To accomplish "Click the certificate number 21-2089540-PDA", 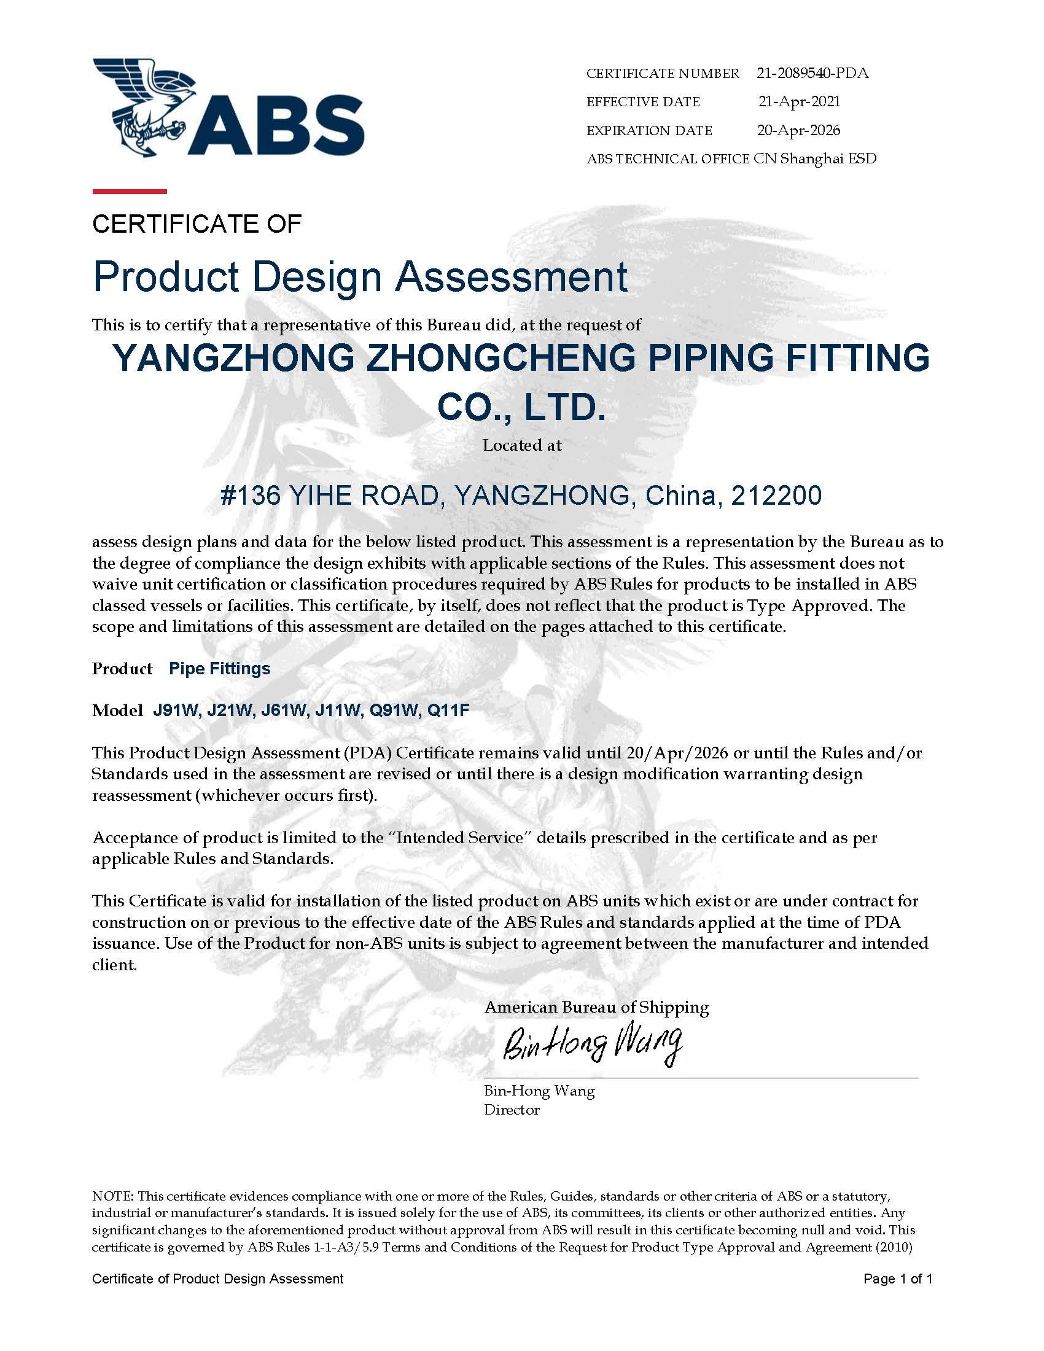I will (812, 73).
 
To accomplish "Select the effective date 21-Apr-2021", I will (799, 101).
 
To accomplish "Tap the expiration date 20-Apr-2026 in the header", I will (798, 130).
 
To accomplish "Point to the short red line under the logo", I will (129, 191).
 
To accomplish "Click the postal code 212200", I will (776, 496).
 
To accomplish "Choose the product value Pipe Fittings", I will (220, 669).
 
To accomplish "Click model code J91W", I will (175, 711).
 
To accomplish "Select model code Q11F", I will (448, 711).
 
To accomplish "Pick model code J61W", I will (284, 711).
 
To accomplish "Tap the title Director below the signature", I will (512, 1110).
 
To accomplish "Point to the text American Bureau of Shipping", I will (596, 1007).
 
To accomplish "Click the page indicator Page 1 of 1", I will (897, 1279).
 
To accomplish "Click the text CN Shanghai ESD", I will (814, 159).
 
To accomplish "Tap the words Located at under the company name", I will (522, 445).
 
